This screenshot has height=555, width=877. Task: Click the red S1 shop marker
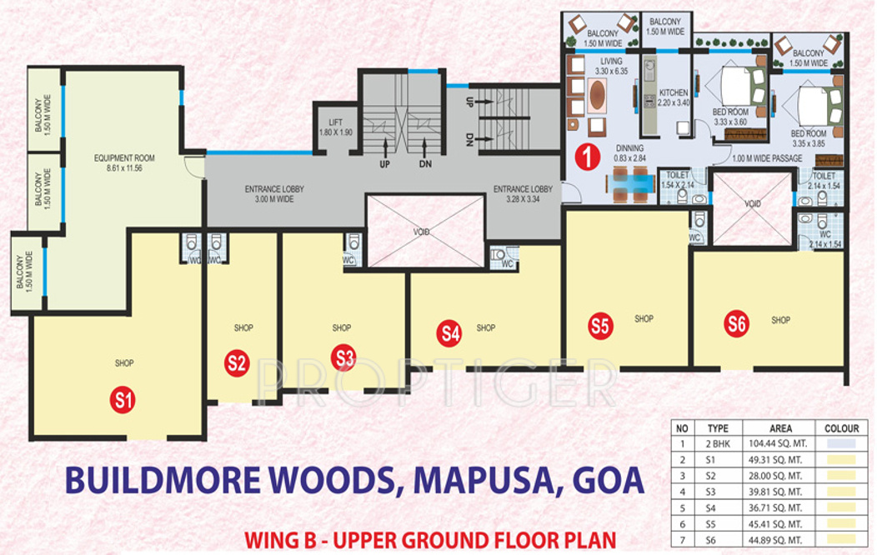click(x=124, y=401)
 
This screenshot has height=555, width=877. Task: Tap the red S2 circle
click(x=237, y=362)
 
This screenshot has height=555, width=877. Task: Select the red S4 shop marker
click(x=450, y=334)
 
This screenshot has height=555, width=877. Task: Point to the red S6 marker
click(x=735, y=322)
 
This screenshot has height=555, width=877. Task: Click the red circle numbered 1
click(x=589, y=157)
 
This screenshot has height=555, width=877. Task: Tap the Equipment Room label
click(x=124, y=162)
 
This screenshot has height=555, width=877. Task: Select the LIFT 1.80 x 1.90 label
click(x=337, y=126)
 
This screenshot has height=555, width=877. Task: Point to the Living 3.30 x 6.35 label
click(x=611, y=67)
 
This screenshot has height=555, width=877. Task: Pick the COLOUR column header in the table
click(x=841, y=428)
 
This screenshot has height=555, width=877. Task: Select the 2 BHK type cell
click(x=718, y=443)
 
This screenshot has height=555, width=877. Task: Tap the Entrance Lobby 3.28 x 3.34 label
click(x=523, y=194)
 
